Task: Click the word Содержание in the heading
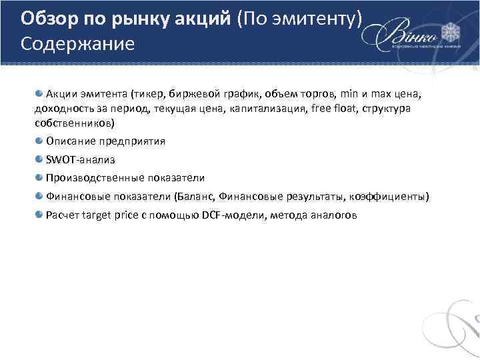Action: click(77, 44)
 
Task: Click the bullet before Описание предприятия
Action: click(39, 141)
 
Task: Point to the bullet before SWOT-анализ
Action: click(39, 159)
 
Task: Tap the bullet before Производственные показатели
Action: click(39, 177)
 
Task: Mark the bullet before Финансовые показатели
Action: click(39, 196)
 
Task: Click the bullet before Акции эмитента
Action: click(39, 93)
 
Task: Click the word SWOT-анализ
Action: click(80, 160)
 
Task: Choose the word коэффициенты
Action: click(390, 197)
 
